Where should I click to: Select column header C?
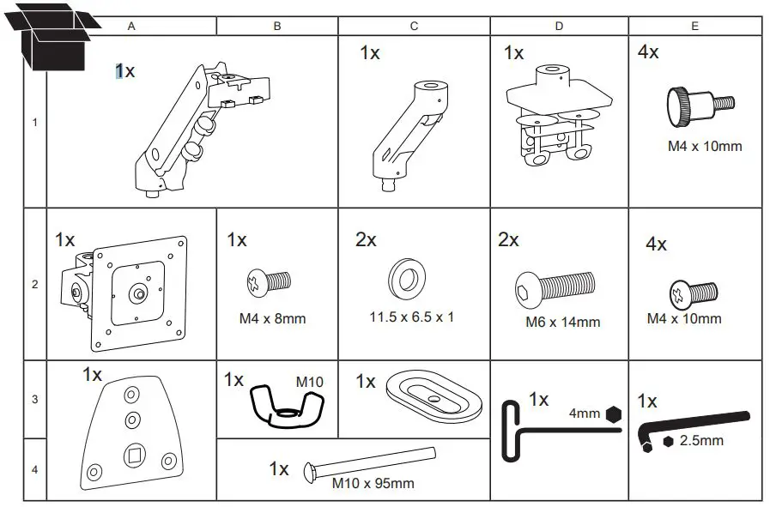pos(414,26)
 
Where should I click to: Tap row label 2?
pos(34,284)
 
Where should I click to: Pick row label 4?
pos(34,470)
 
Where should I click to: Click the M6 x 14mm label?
pos(562,323)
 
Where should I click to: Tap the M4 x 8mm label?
pos(272,319)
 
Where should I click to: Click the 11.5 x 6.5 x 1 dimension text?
pos(411,317)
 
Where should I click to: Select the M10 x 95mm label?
pos(373,483)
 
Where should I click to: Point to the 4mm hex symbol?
pos(612,413)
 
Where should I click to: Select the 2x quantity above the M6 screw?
pos(509,240)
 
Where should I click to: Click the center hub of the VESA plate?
pos(137,293)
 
